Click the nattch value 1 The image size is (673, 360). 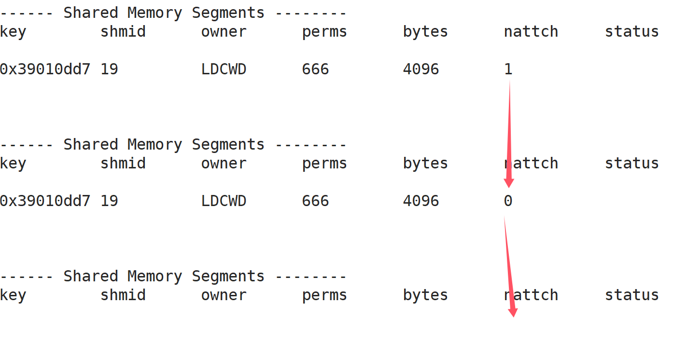click(508, 69)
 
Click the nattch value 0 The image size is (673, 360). click(508, 201)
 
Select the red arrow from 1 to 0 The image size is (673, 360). click(509, 135)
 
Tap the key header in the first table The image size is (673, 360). click(13, 32)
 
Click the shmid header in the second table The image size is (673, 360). click(123, 164)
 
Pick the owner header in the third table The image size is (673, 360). click(224, 295)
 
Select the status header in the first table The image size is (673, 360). click(631, 32)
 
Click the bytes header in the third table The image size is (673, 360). click(425, 295)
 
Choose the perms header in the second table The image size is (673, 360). click(324, 164)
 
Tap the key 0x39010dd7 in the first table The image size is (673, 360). click(45, 69)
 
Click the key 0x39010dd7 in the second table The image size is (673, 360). click(45, 201)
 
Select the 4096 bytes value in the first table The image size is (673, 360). click(421, 69)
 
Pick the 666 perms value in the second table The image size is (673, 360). click(315, 201)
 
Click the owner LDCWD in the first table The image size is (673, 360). click(224, 69)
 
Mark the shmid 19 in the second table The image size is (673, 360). click(109, 201)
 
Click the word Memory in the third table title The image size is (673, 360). click(154, 277)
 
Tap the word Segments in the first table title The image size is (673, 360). click(228, 13)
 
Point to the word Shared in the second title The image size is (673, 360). click(91, 145)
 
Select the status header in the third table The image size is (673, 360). click(631, 295)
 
